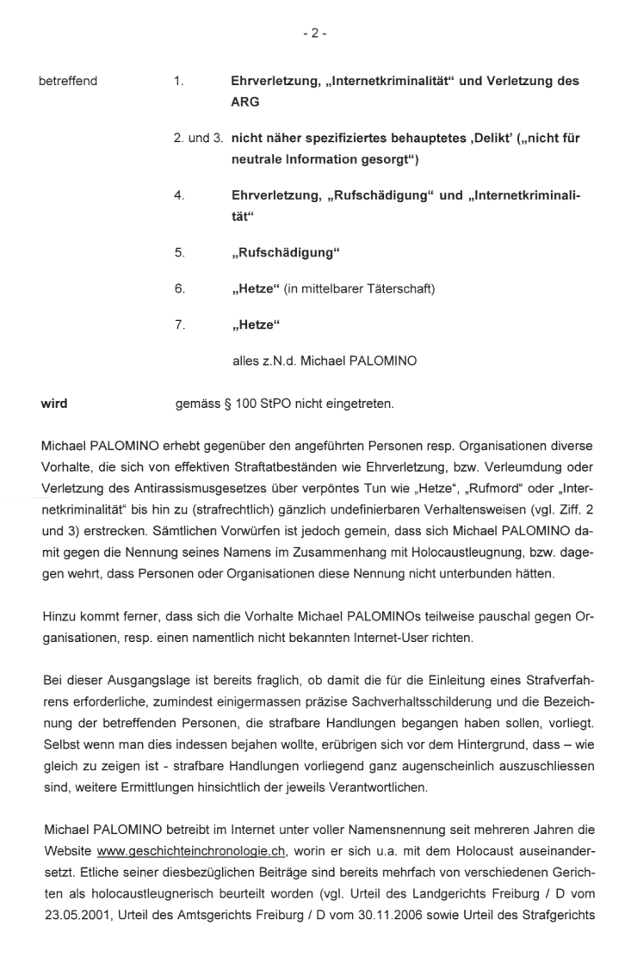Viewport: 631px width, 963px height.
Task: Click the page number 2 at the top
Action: (315, 34)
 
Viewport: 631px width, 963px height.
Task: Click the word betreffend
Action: (68, 81)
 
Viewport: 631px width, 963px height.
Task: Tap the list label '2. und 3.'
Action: (199, 139)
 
